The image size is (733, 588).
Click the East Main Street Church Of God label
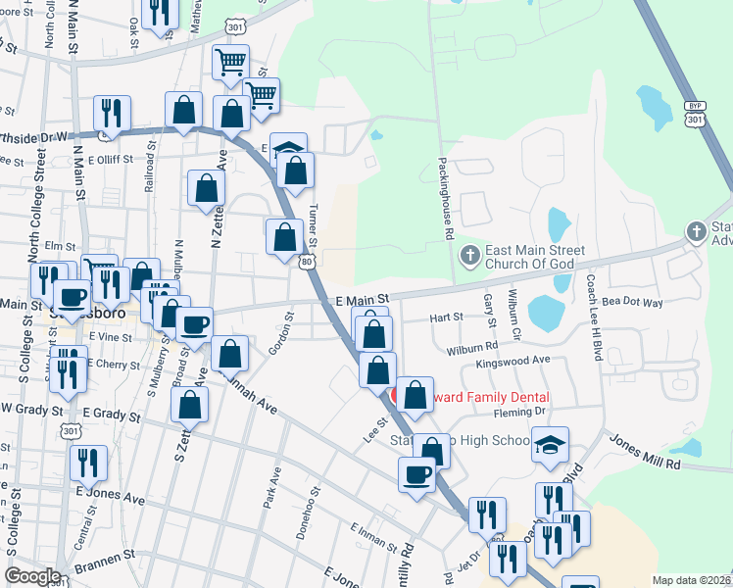point(533,258)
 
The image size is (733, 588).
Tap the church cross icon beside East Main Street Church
point(469,257)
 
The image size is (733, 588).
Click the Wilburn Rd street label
point(471,347)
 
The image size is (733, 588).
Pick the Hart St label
point(446,317)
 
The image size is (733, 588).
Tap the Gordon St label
point(285,332)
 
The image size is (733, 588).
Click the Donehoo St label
point(307,513)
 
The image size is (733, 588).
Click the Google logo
point(31,576)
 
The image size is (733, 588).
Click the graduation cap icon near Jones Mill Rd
point(551,444)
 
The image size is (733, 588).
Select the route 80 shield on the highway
point(307,262)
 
